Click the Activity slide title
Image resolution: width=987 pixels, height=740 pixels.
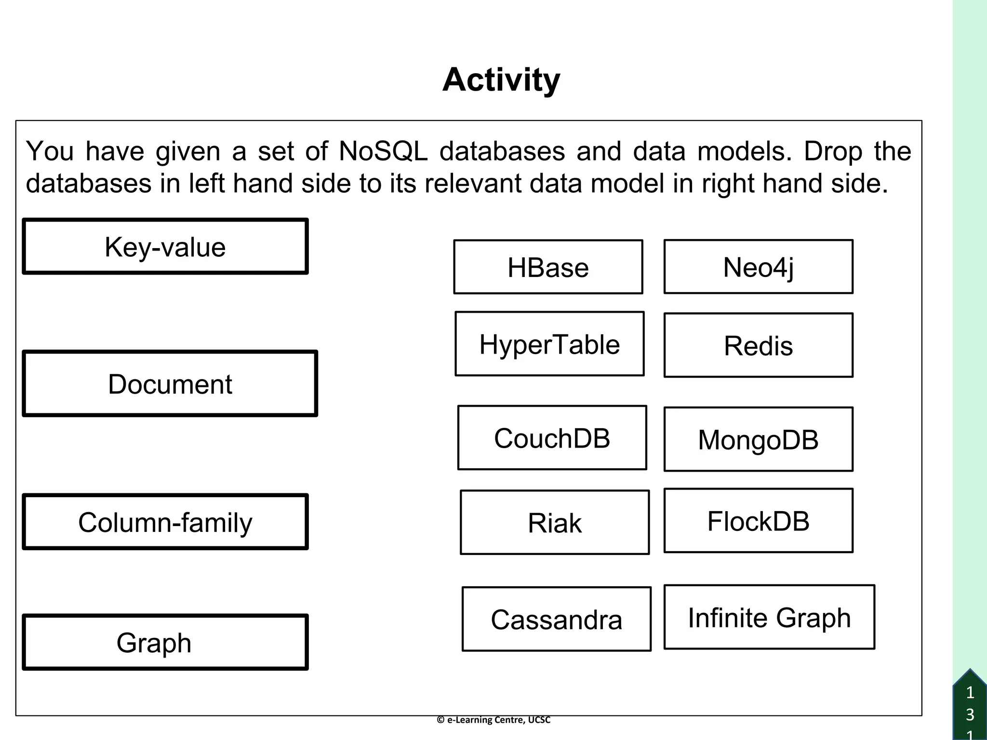tap(501, 79)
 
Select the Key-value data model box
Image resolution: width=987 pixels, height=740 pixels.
tap(165, 247)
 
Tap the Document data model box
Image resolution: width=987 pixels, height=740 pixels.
tap(170, 383)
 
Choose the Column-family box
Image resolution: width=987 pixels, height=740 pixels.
tap(165, 522)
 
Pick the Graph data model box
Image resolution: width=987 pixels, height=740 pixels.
tap(165, 642)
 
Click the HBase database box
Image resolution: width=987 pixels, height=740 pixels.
tap(548, 267)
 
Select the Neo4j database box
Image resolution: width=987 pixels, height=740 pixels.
tap(758, 266)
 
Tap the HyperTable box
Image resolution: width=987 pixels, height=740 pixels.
tap(549, 344)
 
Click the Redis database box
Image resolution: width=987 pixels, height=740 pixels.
tap(758, 345)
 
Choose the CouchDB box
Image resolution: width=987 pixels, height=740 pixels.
tap(552, 437)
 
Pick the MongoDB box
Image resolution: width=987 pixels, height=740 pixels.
tap(758, 439)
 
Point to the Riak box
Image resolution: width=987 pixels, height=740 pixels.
tap(555, 522)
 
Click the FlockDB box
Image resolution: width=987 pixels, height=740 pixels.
tap(758, 520)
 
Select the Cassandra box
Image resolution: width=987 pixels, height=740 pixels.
tap(556, 619)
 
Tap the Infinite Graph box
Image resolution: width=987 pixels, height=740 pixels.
tap(769, 617)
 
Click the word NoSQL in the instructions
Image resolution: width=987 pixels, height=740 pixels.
tap(383, 151)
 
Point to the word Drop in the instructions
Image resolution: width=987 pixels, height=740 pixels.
tap(833, 152)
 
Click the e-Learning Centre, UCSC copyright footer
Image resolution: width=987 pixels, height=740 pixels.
tap(493, 720)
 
